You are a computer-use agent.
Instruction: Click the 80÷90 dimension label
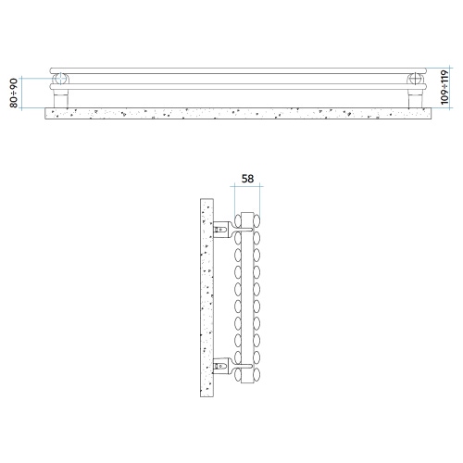(14, 93)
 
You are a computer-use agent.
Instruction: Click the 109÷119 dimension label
(444, 87)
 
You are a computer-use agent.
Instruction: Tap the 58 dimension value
(247, 179)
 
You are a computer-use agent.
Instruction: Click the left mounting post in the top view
(61, 98)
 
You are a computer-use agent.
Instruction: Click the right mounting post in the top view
(415, 98)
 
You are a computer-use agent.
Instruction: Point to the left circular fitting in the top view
(60, 79)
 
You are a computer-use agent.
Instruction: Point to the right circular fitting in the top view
(416, 79)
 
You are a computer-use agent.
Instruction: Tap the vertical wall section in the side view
(206, 297)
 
